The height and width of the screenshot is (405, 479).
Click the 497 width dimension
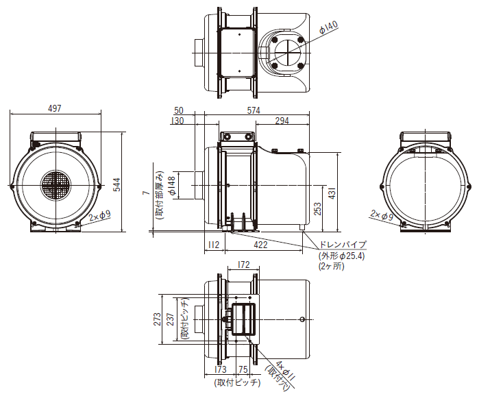click(x=55, y=108)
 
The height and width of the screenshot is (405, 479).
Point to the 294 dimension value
click(x=282, y=121)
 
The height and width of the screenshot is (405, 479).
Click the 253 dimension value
click(x=318, y=208)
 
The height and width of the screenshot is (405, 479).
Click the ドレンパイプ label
click(x=343, y=245)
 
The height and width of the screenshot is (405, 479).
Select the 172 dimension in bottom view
click(x=243, y=265)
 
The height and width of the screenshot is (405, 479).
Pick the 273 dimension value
click(x=158, y=319)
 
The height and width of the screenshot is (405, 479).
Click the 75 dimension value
click(x=243, y=369)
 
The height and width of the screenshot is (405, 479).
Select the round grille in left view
click(x=55, y=185)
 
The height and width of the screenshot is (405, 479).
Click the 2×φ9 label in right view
click(x=382, y=215)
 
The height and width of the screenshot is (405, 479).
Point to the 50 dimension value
click(x=179, y=110)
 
